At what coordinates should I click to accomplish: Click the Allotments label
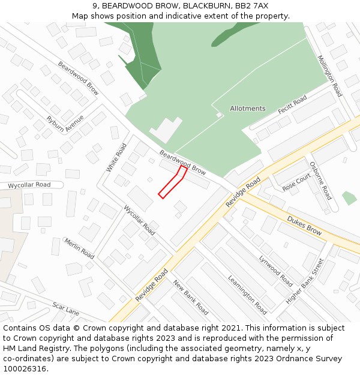247,109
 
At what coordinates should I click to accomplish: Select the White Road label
116,158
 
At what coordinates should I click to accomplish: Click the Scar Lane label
65,309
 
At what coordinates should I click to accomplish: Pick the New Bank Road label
191,298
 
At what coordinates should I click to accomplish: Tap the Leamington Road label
247,295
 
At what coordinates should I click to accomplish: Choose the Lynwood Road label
275,271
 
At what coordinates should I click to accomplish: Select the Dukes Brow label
304,226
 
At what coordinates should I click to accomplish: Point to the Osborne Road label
320,181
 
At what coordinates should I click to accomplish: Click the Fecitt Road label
292,105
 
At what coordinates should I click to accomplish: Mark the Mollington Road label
329,76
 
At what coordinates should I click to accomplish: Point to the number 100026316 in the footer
25,369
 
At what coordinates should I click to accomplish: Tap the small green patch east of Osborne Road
349,198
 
